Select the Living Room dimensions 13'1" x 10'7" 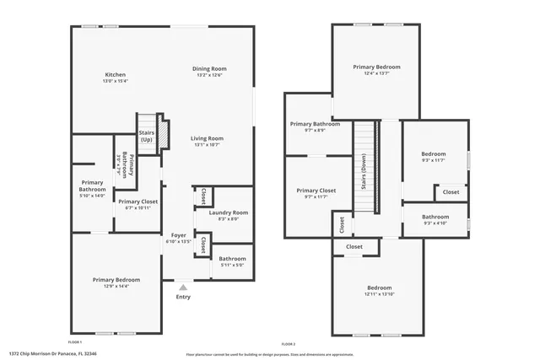tap(206, 145)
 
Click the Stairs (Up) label tap(147, 136)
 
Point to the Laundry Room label tap(229, 212)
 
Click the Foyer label tap(178, 235)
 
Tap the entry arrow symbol tap(182, 287)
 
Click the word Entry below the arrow tap(183, 297)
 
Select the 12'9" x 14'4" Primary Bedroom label tap(116, 286)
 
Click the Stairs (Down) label tap(364, 178)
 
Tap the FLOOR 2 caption tap(289, 344)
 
